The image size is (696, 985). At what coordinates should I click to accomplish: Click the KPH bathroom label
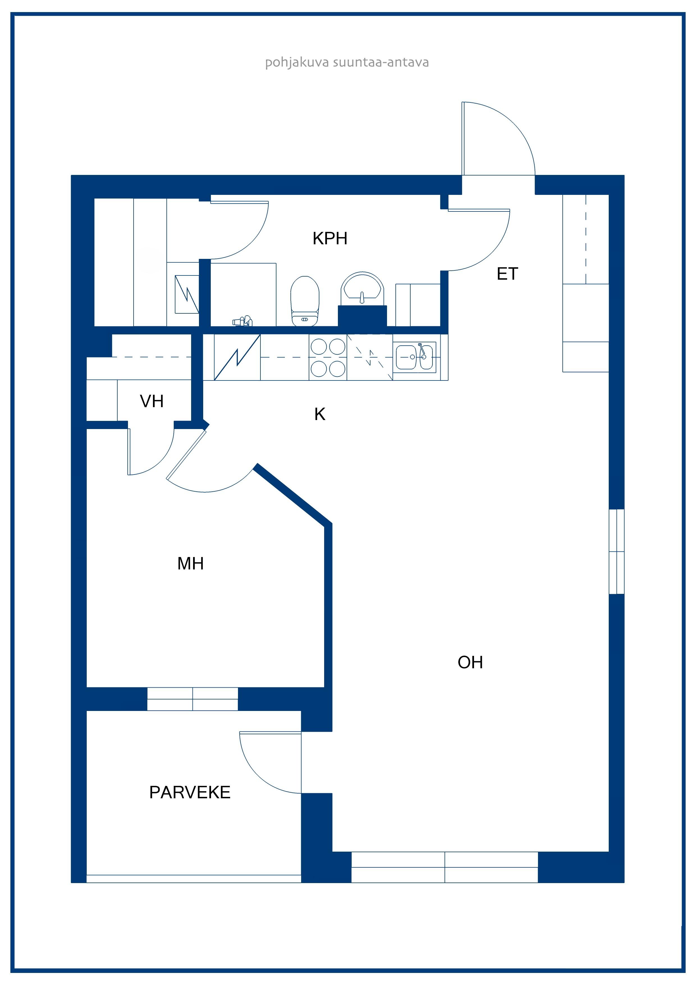coord(330,238)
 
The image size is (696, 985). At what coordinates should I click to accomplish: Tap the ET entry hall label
coord(507,274)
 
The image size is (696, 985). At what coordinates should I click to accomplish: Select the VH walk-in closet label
coord(152,401)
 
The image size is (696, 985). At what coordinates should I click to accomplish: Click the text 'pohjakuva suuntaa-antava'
coord(347,63)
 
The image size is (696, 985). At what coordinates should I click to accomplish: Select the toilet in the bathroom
coord(305,301)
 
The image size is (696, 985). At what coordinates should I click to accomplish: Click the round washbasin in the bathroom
coord(362,288)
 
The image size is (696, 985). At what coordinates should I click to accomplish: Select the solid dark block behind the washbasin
coord(362,316)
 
